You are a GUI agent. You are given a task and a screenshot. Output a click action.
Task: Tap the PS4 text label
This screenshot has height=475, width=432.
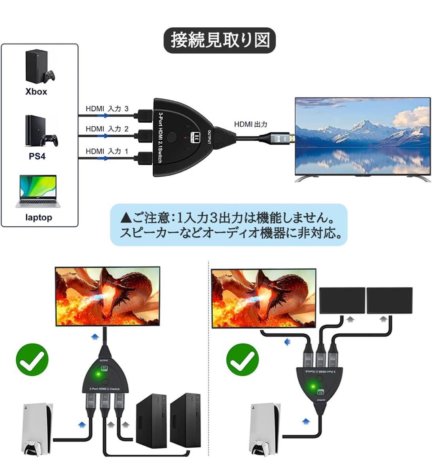(x=37, y=156)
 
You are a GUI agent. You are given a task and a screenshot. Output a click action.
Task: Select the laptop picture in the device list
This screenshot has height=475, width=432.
(x=38, y=191)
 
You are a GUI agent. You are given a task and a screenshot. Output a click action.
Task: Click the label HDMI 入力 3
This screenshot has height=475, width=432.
(x=107, y=108)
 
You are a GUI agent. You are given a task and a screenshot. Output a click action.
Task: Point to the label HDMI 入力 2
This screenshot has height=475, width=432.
(x=107, y=129)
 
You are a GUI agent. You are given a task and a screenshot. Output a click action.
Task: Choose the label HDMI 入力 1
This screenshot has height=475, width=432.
(x=107, y=151)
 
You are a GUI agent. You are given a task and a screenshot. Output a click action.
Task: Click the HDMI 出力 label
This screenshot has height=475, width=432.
(x=250, y=124)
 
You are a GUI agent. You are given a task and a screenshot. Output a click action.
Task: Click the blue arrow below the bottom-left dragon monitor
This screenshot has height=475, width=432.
(x=95, y=337)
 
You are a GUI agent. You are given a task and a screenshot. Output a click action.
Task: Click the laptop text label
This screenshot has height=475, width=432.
(x=38, y=217)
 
